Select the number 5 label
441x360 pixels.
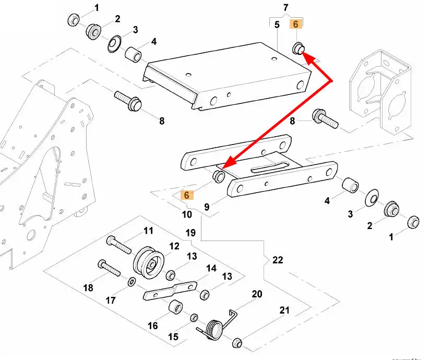277,25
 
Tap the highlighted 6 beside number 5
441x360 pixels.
295,24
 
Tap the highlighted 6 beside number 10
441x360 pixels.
186,195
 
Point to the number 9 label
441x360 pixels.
207,207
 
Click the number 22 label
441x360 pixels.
278,259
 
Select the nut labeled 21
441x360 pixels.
236,343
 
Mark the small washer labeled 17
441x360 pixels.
130,282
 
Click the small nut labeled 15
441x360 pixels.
194,318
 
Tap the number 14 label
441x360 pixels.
211,269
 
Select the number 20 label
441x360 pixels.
257,294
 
